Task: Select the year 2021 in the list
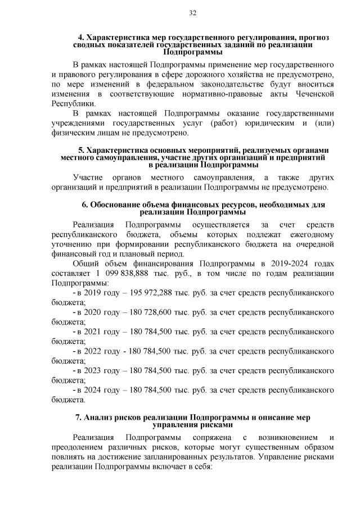[x=93, y=332]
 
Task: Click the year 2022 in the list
[x=93, y=351]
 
